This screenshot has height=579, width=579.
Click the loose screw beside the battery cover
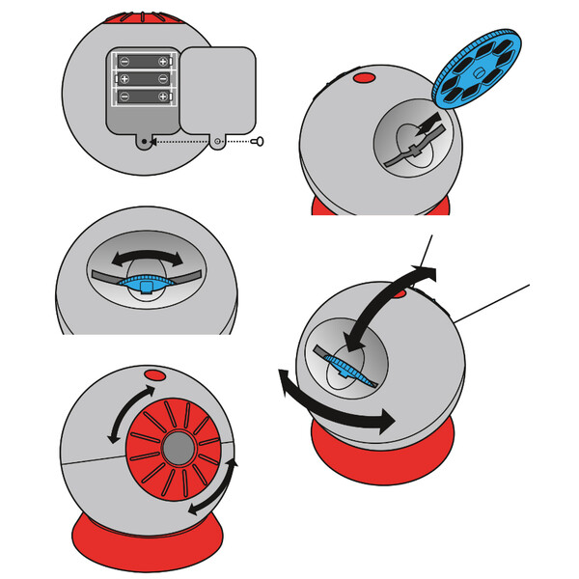258,141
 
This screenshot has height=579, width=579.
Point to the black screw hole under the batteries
146,141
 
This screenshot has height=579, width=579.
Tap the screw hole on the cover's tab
218,141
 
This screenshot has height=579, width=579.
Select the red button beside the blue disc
366,76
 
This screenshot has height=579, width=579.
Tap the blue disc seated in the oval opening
145,284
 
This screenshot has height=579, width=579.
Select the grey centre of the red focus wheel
176,450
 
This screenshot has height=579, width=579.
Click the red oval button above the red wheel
154,373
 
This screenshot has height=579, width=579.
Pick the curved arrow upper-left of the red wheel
130,413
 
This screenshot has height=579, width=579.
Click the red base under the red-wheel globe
145,536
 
